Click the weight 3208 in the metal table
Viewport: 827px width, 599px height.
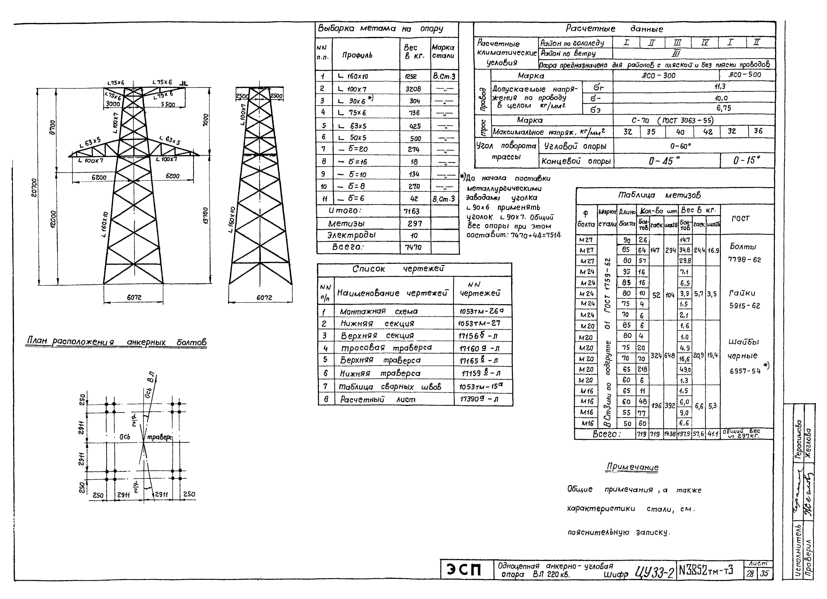415,89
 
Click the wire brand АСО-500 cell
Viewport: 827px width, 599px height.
747,75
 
